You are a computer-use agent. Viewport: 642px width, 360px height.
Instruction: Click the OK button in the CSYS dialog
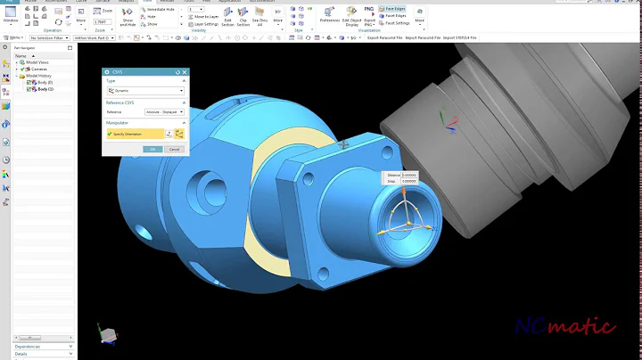click(x=153, y=149)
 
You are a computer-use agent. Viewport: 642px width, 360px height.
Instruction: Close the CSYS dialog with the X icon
click(x=185, y=72)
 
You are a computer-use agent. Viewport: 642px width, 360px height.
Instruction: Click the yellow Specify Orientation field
click(x=134, y=133)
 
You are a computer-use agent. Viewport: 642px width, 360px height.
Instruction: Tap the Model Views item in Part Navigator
click(x=38, y=62)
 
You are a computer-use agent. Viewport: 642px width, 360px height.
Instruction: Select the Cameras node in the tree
click(x=37, y=69)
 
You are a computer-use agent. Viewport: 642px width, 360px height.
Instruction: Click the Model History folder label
click(x=41, y=76)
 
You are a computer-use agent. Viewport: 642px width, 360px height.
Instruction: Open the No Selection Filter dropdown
click(x=50, y=38)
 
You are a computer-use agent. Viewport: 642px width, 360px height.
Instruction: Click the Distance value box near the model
click(x=409, y=176)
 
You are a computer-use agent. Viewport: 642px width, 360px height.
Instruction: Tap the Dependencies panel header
click(x=27, y=346)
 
